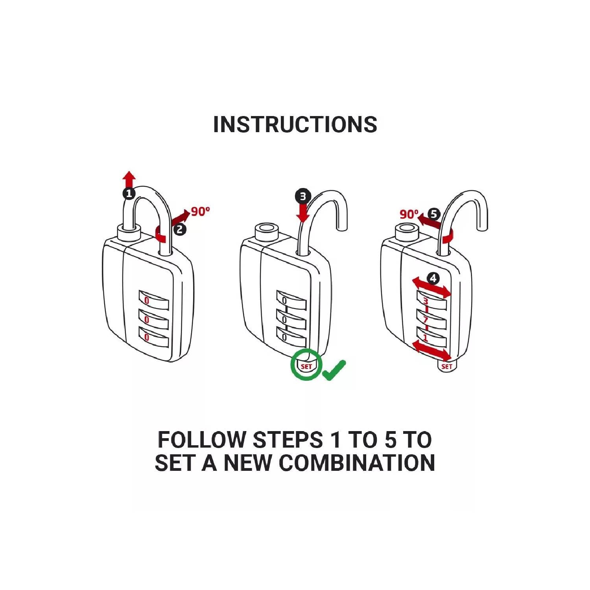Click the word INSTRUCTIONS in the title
295,124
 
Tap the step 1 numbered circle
129,194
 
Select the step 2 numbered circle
180,229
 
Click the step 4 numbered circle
433,278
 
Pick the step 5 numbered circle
433,214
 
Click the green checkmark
334,370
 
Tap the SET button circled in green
306,366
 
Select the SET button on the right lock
446,366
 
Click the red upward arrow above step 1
129,179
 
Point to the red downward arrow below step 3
303,212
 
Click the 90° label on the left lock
201,212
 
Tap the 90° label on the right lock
409,214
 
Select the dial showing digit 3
431,301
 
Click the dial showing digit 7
431,319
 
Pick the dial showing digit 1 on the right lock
431,338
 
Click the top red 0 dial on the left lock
153,301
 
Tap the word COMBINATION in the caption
357,463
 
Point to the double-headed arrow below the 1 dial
431,351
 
